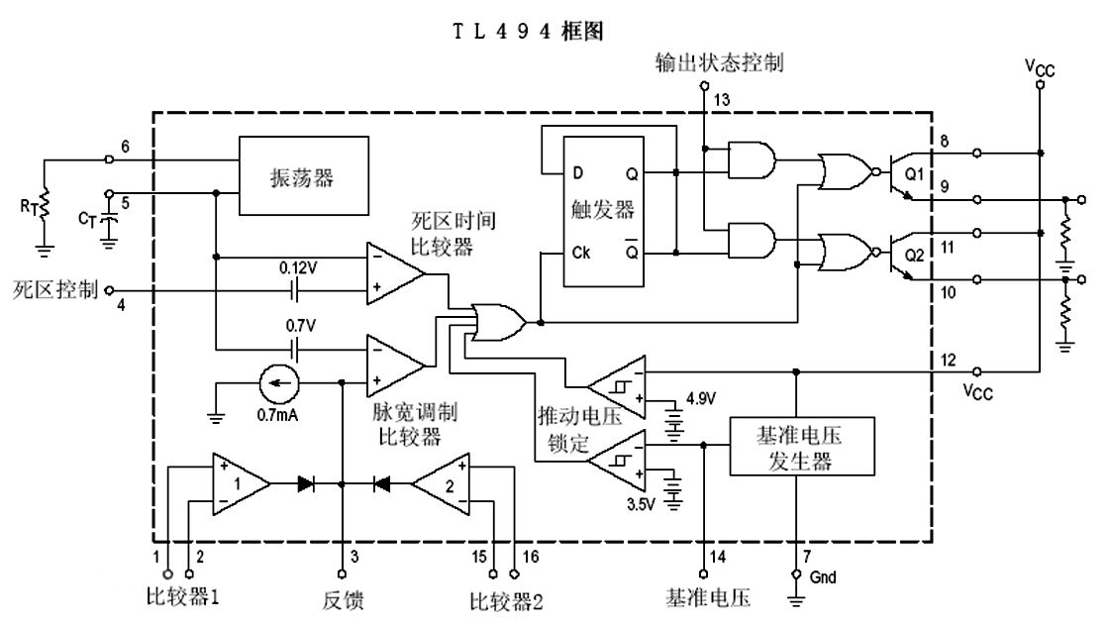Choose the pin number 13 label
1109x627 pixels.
723,98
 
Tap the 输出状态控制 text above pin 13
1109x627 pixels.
719,63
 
